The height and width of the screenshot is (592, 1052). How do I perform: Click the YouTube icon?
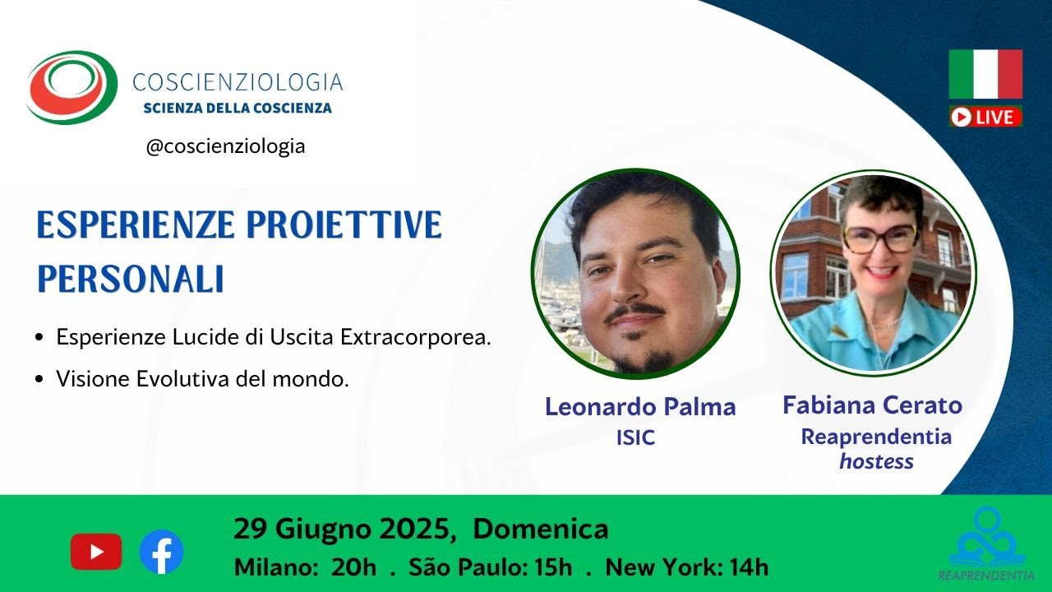coord(96,552)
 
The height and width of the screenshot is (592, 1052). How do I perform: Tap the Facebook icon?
coord(161,552)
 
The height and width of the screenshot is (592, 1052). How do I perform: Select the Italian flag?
coord(985,74)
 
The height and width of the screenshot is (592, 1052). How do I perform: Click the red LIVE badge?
coord(985,117)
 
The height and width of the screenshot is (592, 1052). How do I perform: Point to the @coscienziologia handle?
coord(225,146)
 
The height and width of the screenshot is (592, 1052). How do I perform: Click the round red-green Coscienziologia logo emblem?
coord(72,87)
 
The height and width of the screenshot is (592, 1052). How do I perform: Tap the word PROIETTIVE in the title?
coord(344,225)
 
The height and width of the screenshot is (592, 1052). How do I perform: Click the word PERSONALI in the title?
coord(130,279)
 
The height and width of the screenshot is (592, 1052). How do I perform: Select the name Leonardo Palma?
coord(640,407)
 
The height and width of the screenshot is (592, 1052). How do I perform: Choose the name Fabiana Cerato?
coord(873,405)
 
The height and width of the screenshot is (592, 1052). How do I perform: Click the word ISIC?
coord(635,438)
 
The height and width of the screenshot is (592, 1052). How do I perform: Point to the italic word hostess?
coord(876,461)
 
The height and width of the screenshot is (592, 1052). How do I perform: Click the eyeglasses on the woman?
coord(879,238)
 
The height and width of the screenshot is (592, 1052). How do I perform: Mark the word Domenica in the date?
coord(541,529)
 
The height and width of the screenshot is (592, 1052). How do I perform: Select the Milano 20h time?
coord(305,567)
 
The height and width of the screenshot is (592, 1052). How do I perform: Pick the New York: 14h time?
coord(686,567)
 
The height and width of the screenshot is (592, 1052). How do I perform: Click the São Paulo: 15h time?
coord(491,567)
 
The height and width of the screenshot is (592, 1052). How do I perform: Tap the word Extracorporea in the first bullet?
coord(416,337)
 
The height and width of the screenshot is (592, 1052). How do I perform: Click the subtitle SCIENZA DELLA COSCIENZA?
coord(238,108)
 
